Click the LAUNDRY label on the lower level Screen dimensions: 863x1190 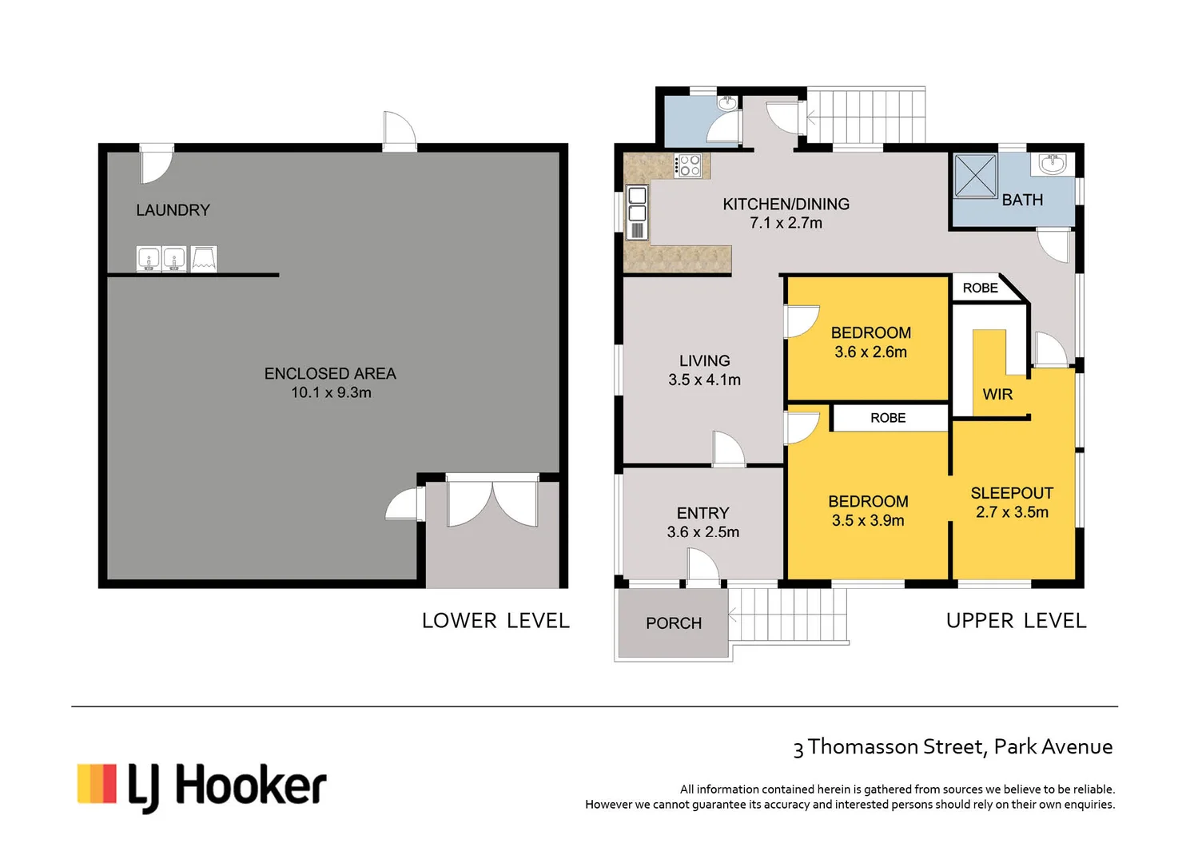pyautogui.click(x=173, y=210)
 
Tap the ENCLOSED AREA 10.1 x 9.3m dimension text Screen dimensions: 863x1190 pyautogui.click(x=331, y=392)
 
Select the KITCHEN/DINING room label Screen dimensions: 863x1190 pyautogui.click(x=786, y=205)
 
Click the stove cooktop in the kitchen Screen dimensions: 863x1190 pyautogui.click(x=689, y=165)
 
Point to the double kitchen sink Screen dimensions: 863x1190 pyautogui.click(x=637, y=205)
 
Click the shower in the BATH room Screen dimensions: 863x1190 pyautogui.click(x=975, y=176)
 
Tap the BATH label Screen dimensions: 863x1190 pyautogui.click(x=1022, y=200)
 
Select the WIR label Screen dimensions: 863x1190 pyautogui.click(x=997, y=394)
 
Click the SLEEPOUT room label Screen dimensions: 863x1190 pyautogui.click(x=1012, y=493)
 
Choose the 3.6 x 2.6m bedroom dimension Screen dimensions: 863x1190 pyautogui.click(x=870, y=352)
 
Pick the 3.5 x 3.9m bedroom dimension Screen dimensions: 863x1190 pyautogui.click(x=868, y=521)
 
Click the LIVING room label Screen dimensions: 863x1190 pyautogui.click(x=704, y=361)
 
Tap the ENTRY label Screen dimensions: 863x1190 pyautogui.click(x=702, y=513)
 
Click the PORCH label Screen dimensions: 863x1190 pyautogui.click(x=674, y=623)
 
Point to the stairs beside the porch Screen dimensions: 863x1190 pyautogui.click(x=788, y=614)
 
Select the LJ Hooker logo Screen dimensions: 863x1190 pyautogui.click(x=201, y=786)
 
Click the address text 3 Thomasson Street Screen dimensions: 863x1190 pyautogui.click(x=952, y=747)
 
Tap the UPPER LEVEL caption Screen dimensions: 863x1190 pyautogui.click(x=1016, y=621)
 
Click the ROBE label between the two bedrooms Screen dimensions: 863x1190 pyautogui.click(x=888, y=418)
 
